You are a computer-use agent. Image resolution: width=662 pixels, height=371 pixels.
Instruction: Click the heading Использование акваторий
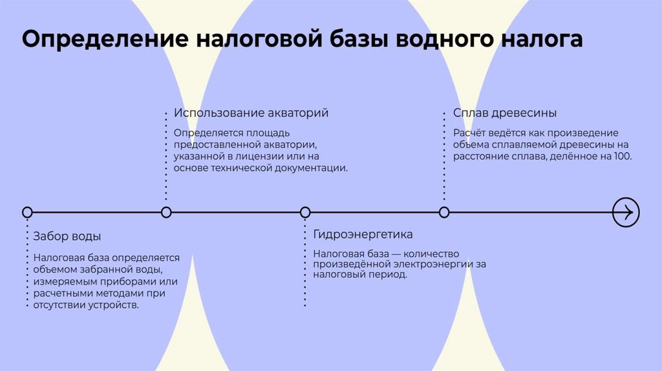251,113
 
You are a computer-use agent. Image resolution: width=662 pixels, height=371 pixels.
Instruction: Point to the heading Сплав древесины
505,113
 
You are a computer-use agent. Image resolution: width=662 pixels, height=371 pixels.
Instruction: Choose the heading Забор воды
67,236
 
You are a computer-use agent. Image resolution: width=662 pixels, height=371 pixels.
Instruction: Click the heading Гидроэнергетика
363,234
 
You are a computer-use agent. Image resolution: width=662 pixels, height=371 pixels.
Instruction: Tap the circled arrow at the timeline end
625,212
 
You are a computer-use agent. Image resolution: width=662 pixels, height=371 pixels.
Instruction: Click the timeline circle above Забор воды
27,212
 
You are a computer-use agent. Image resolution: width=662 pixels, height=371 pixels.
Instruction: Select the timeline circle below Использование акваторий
166,212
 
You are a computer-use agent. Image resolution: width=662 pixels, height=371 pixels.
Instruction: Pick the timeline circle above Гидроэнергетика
305,212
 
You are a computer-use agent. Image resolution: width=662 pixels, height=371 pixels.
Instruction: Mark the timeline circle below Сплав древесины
444,212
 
